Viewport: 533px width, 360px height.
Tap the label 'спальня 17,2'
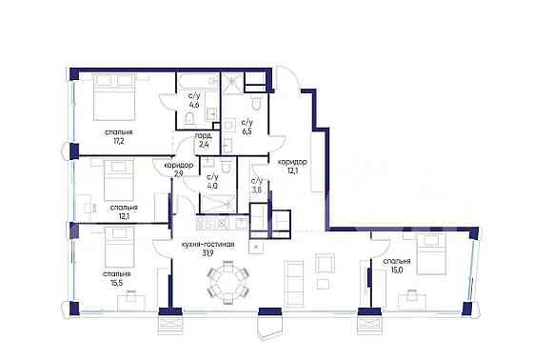coord(120,135)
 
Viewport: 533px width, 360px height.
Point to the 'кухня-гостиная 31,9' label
coord(207,250)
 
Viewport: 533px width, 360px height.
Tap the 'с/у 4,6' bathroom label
coord(194,99)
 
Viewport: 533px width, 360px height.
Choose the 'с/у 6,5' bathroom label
coord(247,127)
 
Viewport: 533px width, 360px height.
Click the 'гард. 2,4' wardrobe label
coord(203,141)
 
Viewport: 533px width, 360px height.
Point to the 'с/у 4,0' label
coord(212,181)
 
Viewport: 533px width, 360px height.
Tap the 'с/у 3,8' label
coord(257,186)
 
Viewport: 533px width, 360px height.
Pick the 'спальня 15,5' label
coord(118,278)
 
